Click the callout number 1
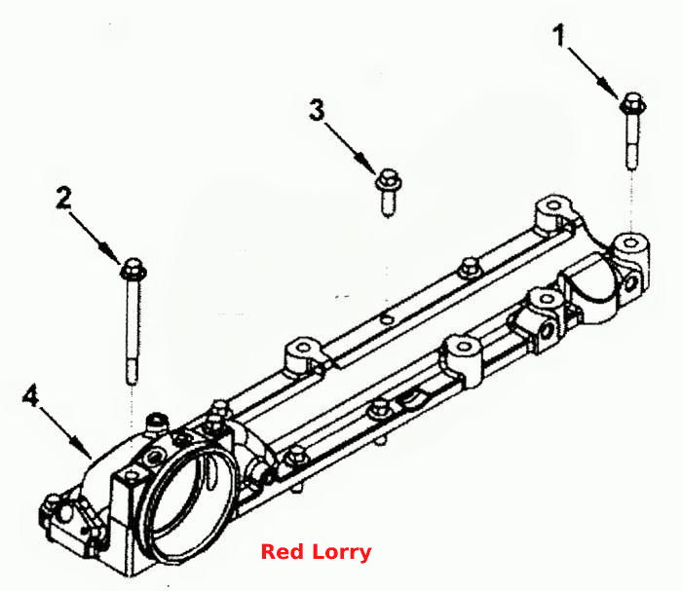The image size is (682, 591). pyautogui.click(x=560, y=36)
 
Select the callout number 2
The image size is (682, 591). pyautogui.click(x=64, y=198)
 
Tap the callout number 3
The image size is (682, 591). pyautogui.click(x=317, y=109)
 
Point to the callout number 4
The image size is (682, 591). pyautogui.click(x=31, y=396)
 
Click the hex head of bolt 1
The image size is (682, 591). pyautogui.click(x=633, y=103)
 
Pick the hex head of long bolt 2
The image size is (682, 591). pyautogui.click(x=133, y=270)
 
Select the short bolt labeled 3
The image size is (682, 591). pyautogui.click(x=388, y=192)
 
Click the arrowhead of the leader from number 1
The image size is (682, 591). pyautogui.click(x=610, y=89)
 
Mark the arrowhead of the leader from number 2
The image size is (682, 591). pyautogui.click(x=111, y=254)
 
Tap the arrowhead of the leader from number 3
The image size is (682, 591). pyautogui.click(x=365, y=164)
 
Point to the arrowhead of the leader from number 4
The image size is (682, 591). pyautogui.click(x=83, y=449)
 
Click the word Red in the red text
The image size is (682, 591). pyautogui.click(x=282, y=552)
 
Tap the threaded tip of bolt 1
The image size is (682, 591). pyautogui.click(x=632, y=159)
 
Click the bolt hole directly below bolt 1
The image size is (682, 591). pyautogui.click(x=630, y=242)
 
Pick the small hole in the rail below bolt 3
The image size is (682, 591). pyautogui.click(x=386, y=319)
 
